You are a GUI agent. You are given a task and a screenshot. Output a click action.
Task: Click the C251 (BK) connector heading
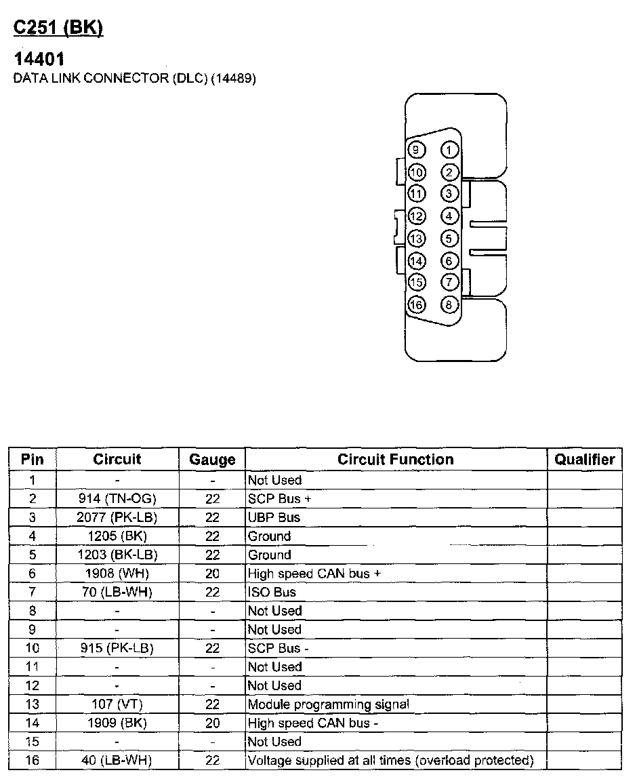[58, 28]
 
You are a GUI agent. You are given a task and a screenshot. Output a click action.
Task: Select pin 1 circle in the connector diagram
[449, 150]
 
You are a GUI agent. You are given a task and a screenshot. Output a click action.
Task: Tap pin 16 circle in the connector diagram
[416, 304]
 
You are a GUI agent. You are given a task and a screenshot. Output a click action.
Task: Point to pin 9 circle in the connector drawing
[416, 150]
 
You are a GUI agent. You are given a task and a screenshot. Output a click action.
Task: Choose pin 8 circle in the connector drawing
[449, 304]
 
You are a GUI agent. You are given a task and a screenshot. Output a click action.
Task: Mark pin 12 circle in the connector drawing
[416, 216]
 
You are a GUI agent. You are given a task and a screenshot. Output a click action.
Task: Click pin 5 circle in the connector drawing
[449, 239]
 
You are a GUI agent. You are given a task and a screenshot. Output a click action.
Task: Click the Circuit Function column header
[396, 460]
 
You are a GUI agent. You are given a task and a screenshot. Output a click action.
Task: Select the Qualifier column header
[584, 460]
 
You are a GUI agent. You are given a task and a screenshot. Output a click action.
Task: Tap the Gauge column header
[212, 460]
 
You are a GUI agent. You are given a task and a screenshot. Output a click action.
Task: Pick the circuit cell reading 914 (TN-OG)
[117, 499]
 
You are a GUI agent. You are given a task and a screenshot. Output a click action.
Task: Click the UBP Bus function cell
[274, 517]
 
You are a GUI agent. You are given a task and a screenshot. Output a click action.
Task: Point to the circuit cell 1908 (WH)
[117, 574]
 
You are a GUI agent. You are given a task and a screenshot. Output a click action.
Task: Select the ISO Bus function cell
[272, 592]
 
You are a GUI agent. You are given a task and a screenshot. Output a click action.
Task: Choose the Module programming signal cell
[328, 704]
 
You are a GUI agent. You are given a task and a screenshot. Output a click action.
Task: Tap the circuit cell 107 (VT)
[117, 704]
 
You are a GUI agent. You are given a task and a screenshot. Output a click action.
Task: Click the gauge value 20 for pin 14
[212, 723]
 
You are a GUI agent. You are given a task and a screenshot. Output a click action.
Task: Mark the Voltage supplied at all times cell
[390, 761]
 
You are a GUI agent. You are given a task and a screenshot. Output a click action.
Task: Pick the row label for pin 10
[33, 648]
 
